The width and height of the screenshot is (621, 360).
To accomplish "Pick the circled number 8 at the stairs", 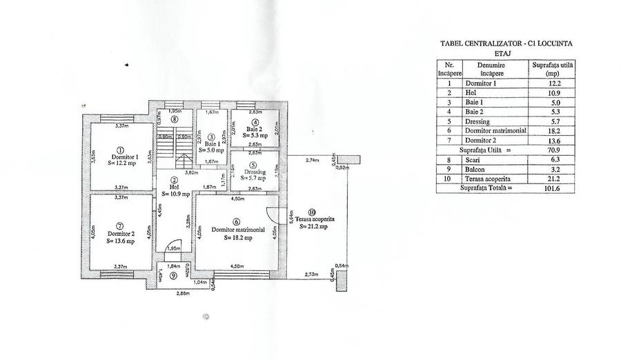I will [x=175, y=119].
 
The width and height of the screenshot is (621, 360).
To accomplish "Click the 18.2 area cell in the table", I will [x=553, y=129].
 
